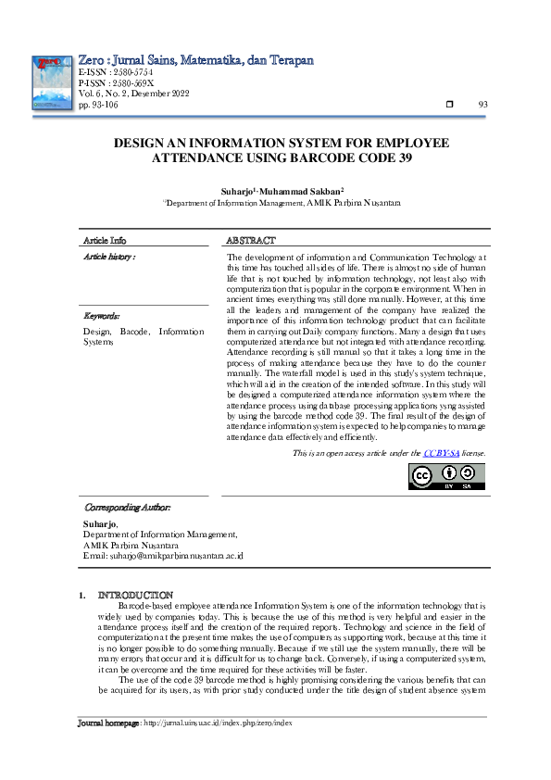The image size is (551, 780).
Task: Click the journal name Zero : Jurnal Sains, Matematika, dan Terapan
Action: pos(195,59)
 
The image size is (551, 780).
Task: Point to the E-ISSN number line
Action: pos(116,71)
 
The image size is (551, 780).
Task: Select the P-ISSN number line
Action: pos(117,82)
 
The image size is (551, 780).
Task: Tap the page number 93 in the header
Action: pos(482,105)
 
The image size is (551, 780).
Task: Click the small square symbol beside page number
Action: pos(450,105)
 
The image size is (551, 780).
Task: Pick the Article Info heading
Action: pos(105,240)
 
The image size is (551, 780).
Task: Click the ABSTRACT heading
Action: pos(253,240)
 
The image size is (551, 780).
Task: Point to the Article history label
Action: pos(109,256)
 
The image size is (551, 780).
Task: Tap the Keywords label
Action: pos(103,316)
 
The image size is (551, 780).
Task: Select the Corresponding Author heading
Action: pos(128,508)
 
